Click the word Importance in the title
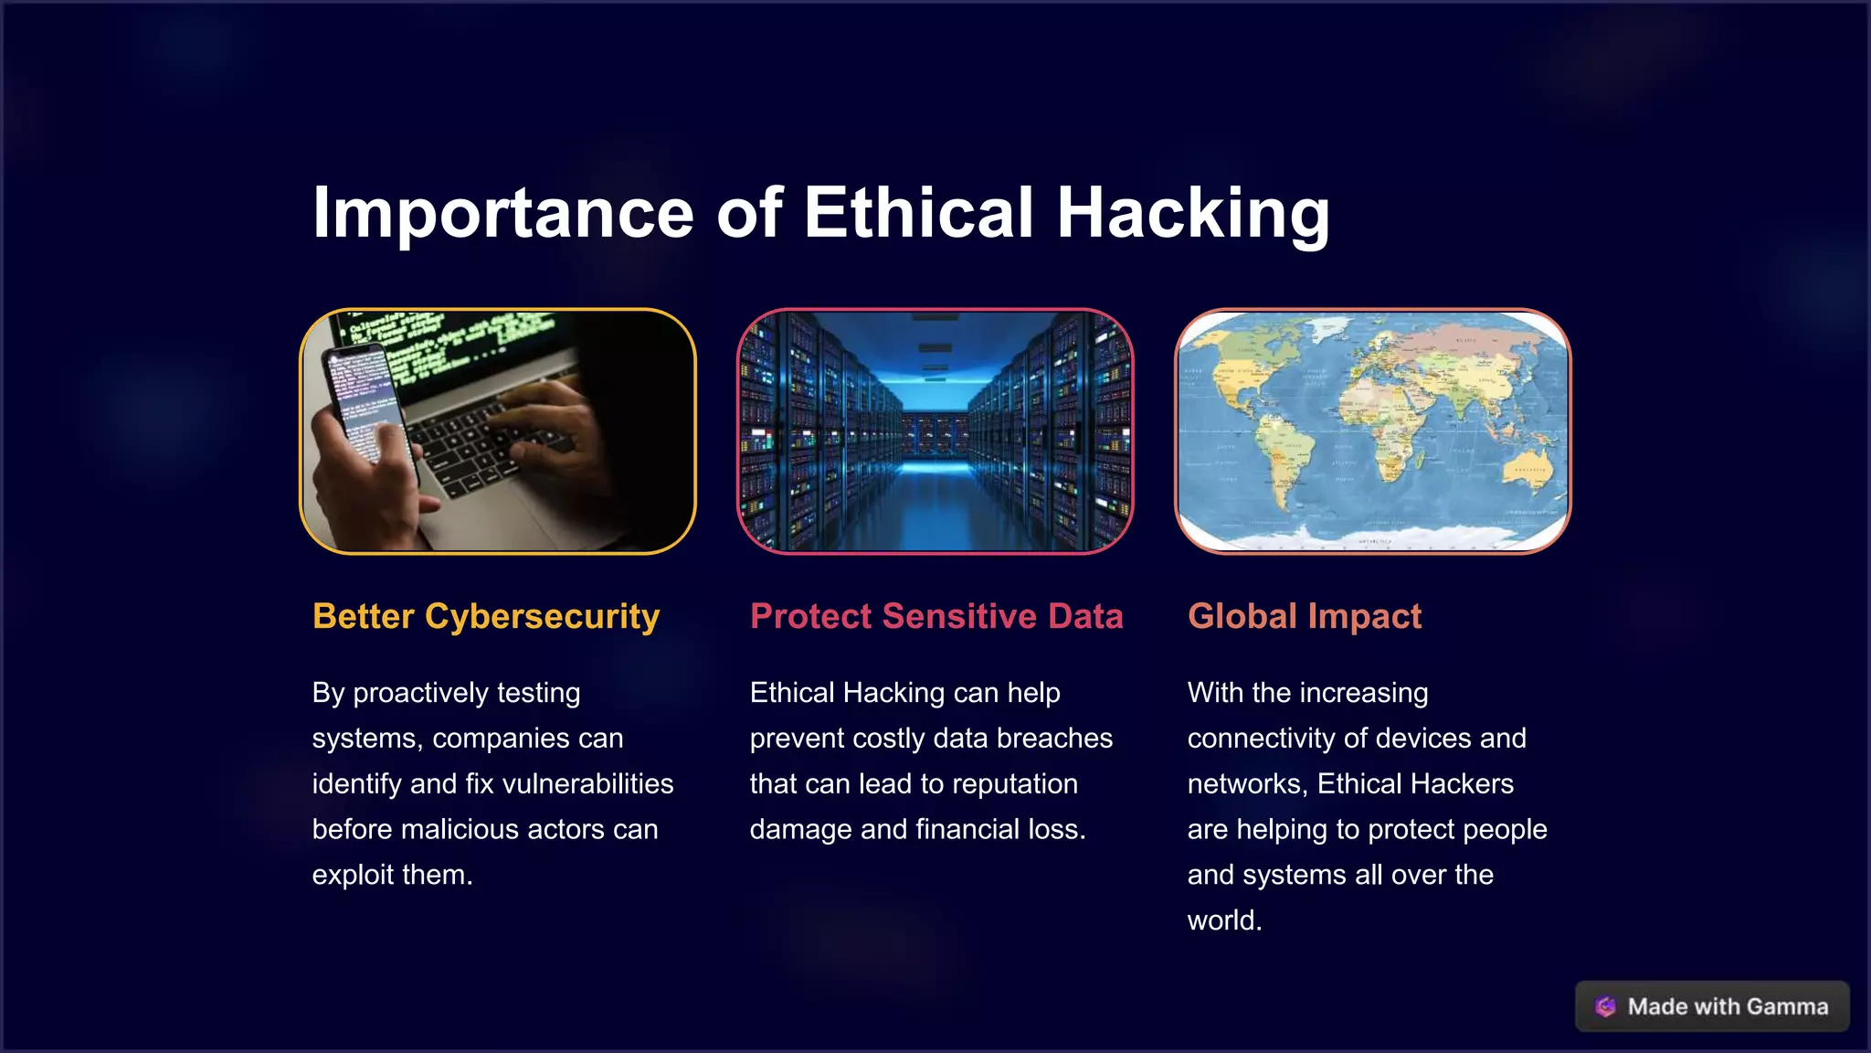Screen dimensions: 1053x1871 click(x=503, y=213)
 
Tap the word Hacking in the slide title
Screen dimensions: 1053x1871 click(x=1192, y=213)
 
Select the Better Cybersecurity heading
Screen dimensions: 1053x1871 click(x=486, y=616)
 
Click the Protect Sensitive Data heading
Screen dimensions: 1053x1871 click(x=936, y=616)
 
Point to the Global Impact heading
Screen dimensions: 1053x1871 click(x=1305, y=616)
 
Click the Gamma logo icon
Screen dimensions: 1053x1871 click(x=1605, y=1006)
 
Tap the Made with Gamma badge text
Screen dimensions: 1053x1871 click(x=1728, y=1006)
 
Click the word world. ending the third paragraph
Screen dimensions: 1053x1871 click(x=1224, y=920)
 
